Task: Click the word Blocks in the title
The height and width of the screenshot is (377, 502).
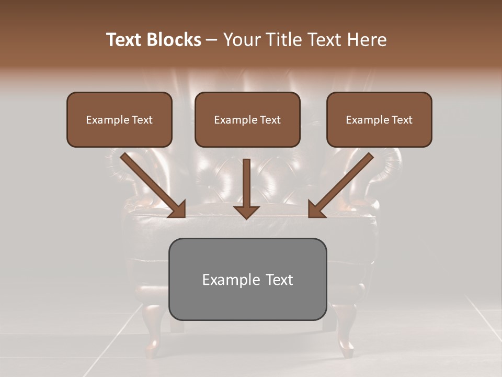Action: pos(174,40)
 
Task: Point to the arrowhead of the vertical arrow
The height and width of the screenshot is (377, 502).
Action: pos(246,212)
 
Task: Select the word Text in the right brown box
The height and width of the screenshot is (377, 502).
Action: pos(402,120)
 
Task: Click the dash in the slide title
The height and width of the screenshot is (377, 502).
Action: pos(212,40)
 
